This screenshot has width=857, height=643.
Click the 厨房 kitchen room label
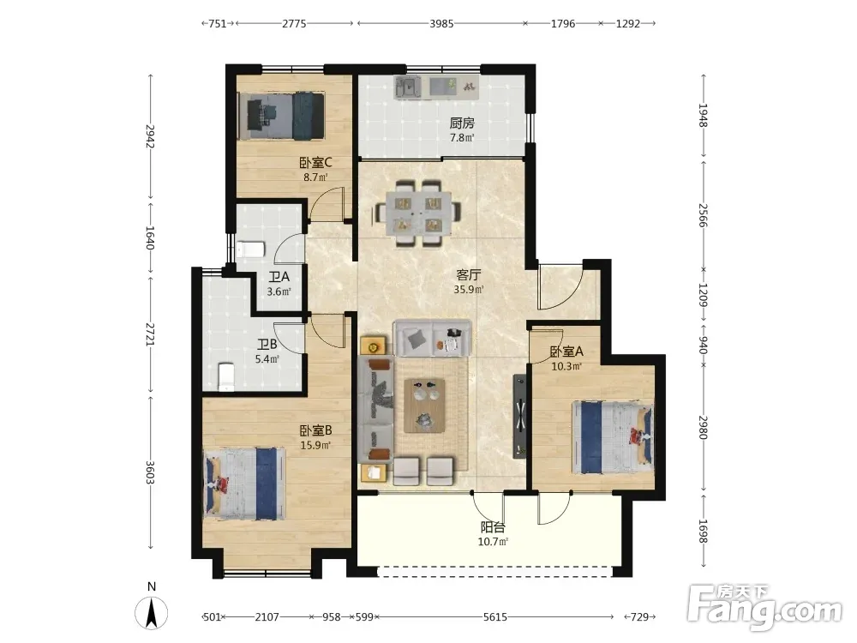(x=462, y=123)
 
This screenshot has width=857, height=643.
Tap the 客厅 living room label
(x=469, y=275)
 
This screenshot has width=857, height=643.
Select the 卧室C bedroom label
(x=315, y=163)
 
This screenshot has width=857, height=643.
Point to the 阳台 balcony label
(x=493, y=527)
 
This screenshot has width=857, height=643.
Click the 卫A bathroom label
(x=279, y=277)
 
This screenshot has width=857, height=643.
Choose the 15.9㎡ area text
(x=315, y=446)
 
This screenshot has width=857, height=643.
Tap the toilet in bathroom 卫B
(x=226, y=376)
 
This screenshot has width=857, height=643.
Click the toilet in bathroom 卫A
(x=251, y=249)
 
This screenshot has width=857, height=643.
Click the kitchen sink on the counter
(x=407, y=87)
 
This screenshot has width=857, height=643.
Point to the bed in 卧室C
(x=282, y=116)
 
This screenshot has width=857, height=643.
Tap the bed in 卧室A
(x=613, y=438)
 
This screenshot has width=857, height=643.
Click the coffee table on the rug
(x=425, y=406)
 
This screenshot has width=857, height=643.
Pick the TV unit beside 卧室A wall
(x=519, y=416)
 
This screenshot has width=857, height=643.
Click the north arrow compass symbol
(x=152, y=612)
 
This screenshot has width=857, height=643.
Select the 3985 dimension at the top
(x=441, y=23)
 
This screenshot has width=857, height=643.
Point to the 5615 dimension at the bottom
(x=494, y=617)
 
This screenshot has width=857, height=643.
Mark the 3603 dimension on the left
(x=150, y=472)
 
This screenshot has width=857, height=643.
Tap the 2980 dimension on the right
(x=704, y=428)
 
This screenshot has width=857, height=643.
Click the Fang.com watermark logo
(x=764, y=606)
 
